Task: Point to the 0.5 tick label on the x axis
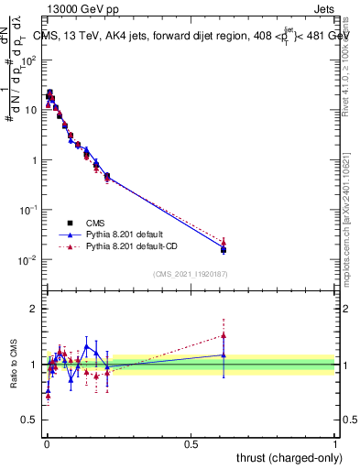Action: click(191, 443)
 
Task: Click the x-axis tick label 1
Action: click(335, 443)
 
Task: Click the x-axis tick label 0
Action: click(47, 443)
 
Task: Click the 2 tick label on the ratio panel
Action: click(34, 309)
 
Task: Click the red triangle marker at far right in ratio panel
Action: click(224, 335)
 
